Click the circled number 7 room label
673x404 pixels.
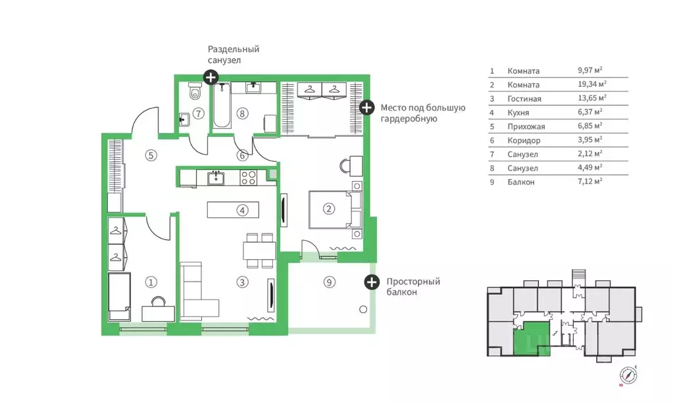coord(198,114)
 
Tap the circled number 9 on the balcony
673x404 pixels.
coord(329,282)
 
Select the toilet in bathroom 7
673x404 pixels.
coord(195,91)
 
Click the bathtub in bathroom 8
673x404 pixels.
coord(222,106)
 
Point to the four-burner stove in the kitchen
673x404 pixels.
coord(248,177)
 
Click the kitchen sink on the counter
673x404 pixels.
coord(216,177)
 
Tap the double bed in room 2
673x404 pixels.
coord(336,210)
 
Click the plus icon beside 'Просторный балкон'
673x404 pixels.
coord(372,282)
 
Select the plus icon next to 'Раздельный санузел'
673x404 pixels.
coord(211,77)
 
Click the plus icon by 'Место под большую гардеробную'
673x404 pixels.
coord(366,107)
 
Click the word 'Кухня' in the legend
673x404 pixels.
coord(518,113)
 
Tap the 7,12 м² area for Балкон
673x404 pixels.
coord(589,181)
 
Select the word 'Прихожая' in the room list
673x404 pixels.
coord(526,126)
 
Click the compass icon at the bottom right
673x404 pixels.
coord(628,375)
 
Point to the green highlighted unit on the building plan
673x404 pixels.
coord(532,338)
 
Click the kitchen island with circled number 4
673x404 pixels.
coord(233,210)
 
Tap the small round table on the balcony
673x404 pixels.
coord(363,309)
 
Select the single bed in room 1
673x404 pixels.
coord(119,297)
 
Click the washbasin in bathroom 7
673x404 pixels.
coord(184,119)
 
